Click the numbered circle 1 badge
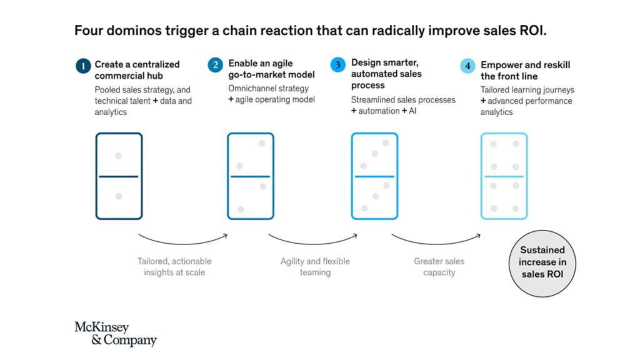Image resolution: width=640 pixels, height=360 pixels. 83,66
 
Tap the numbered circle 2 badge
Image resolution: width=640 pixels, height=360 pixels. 215,65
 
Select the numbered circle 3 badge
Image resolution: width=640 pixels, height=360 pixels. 338,64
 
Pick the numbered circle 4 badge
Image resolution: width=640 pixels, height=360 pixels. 467,66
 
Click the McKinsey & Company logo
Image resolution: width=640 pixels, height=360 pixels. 116,334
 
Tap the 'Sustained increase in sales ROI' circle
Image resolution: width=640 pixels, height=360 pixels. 542,263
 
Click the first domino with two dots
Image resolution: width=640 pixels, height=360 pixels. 119,176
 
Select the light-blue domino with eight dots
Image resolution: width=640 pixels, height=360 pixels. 504,176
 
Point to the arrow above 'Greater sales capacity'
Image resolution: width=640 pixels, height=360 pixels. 436,243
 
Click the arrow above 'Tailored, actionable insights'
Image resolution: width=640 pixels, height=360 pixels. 183,243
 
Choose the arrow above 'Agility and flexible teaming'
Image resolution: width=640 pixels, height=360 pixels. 312,243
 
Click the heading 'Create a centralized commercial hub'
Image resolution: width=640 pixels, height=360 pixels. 137,70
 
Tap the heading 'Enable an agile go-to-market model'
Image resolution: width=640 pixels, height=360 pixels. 271,69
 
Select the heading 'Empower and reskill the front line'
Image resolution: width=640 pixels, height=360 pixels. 525,71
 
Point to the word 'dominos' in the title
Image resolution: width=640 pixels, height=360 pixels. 134,31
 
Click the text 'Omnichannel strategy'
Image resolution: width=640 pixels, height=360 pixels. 268,88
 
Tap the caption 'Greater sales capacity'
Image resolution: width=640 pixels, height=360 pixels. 439,266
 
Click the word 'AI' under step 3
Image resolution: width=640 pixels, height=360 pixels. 412,111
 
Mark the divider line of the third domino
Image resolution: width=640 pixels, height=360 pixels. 375,176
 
